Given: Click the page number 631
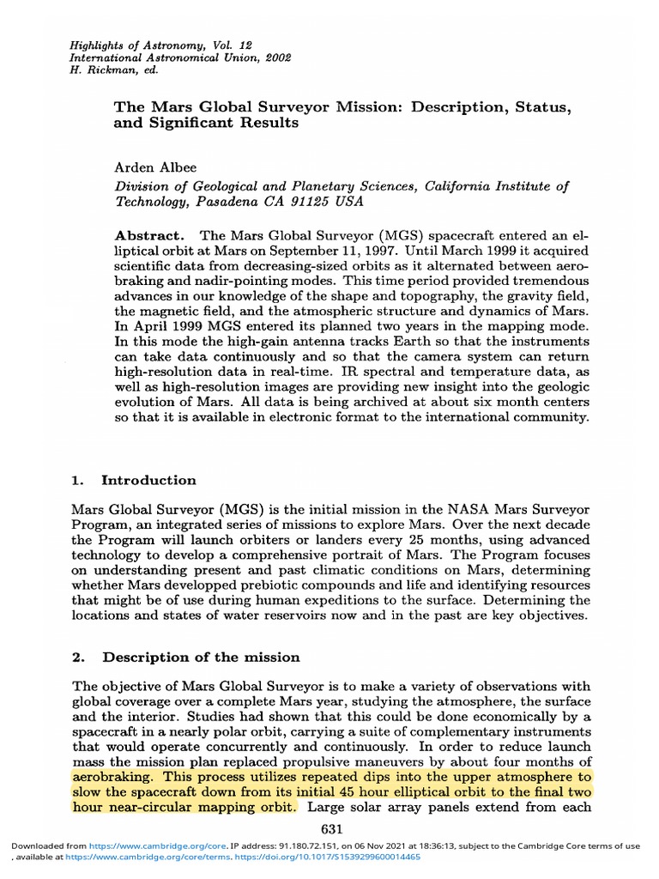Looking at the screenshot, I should pos(331,828).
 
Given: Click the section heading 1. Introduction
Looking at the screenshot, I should pos(134,480).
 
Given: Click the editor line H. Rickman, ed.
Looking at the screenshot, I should pos(104,70).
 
